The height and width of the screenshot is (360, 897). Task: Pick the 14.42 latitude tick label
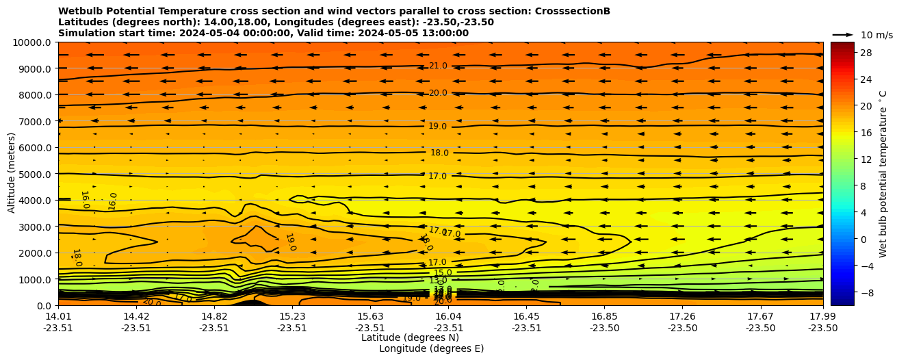136,316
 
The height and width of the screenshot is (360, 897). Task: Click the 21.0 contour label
438,66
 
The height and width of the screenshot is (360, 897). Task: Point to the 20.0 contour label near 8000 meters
438,93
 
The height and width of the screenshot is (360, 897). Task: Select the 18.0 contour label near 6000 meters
439,153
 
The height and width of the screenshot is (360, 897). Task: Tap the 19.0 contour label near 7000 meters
438,126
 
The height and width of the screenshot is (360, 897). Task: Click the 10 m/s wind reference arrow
843,34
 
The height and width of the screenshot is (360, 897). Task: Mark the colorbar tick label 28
846,53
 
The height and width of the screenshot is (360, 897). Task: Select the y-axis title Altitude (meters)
12,174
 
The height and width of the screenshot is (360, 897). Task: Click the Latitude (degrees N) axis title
410,337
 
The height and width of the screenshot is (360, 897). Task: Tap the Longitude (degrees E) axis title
431,348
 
